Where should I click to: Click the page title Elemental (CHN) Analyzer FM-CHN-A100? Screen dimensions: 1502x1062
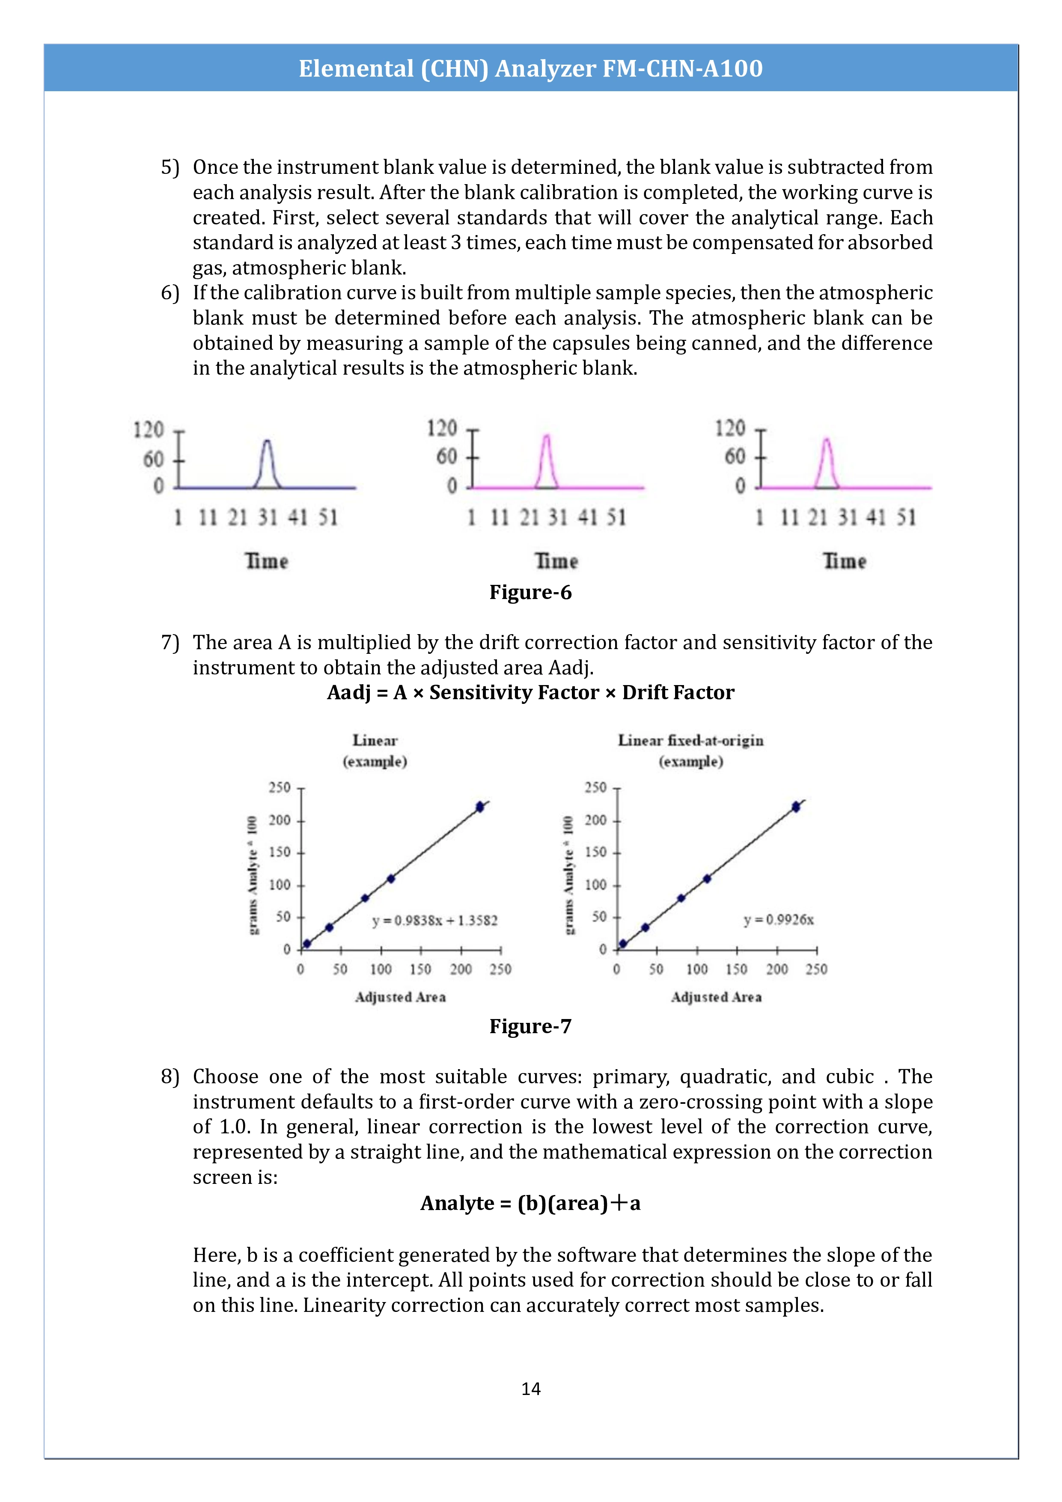[530, 68]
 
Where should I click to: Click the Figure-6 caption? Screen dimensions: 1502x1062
[530, 592]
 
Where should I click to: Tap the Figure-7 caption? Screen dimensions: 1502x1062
[530, 1026]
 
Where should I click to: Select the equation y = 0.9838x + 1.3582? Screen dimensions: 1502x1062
[435, 921]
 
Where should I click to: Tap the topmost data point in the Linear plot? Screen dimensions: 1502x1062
[480, 807]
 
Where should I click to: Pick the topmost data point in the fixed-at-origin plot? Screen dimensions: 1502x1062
[796, 807]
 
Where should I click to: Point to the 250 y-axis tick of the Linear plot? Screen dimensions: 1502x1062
[279, 788]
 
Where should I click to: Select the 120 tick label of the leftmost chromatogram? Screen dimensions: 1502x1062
[149, 430]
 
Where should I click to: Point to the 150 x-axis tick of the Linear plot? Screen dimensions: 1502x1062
[420, 969]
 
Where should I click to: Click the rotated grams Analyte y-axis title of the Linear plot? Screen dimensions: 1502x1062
[253, 875]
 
